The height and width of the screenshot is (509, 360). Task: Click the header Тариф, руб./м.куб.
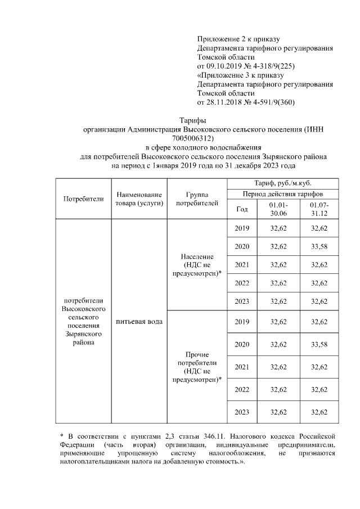pyautogui.click(x=282, y=183)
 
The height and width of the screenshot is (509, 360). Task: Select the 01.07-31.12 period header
pyautogui.click(x=319, y=209)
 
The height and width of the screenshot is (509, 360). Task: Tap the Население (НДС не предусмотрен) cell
pyautogui.click(x=197, y=265)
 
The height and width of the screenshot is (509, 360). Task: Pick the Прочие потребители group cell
pyautogui.click(x=197, y=367)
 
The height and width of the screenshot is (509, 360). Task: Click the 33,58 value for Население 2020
pyautogui.click(x=319, y=246)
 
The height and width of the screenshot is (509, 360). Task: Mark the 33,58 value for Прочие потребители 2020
pyautogui.click(x=319, y=344)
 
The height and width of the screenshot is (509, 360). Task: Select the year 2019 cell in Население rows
pyautogui.click(x=241, y=228)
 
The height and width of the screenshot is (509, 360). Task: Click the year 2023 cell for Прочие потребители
pyautogui.click(x=241, y=412)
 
